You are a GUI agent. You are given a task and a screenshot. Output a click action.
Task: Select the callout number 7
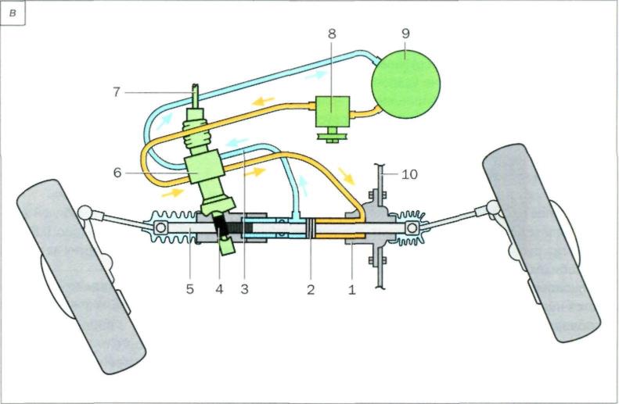(116, 92)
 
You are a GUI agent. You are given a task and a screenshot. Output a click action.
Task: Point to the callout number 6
(117, 173)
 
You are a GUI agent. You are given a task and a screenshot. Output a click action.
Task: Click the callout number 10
(408, 173)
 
